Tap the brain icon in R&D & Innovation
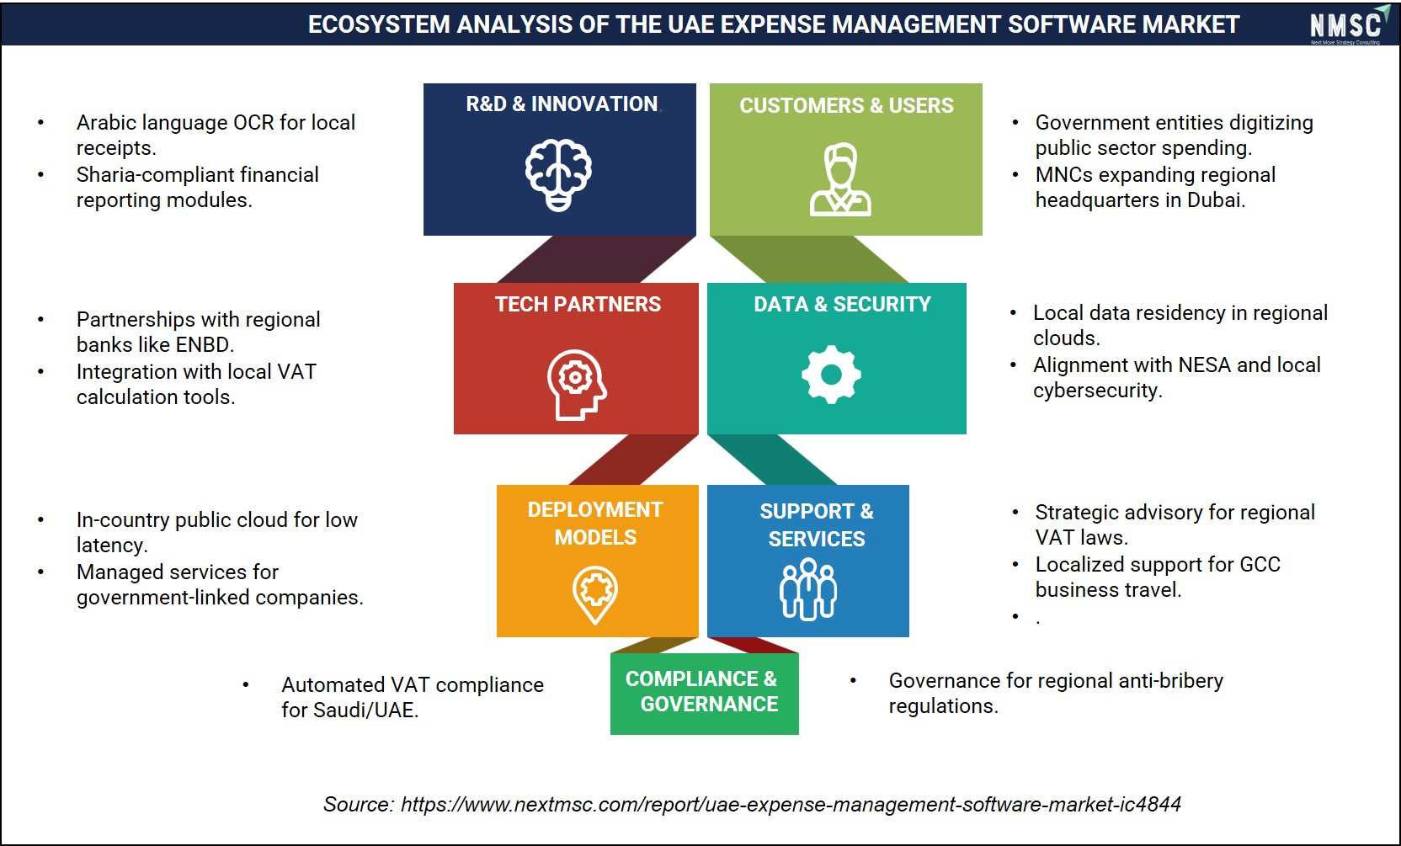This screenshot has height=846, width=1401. pos(558,174)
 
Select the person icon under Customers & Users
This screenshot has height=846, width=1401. pos(840,179)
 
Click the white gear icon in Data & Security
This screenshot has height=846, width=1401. pos(831,374)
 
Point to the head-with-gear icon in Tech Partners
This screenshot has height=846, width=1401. pos(576,385)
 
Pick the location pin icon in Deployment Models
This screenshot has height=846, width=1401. pos(594,595)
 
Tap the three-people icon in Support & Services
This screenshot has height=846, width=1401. pos(808,589)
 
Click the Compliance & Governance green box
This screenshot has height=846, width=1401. pos(704,694)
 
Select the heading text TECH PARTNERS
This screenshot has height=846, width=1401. pos(578,304)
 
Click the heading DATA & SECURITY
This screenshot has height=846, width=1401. pos(842,304)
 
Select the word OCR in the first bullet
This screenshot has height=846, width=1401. pos(253,123)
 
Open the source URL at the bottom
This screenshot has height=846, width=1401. pos(791,804)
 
